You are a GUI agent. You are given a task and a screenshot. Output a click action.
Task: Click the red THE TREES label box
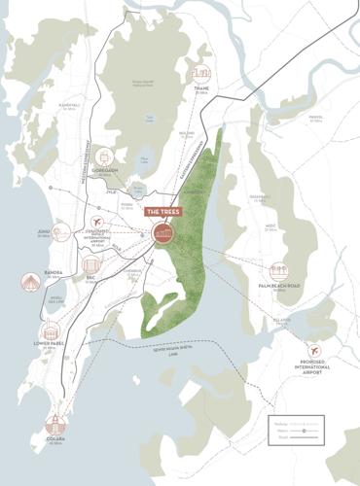[162, 210]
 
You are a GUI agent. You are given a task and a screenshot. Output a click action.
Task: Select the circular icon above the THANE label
[200, 75]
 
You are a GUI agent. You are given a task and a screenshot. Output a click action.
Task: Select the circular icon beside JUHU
[62, 233]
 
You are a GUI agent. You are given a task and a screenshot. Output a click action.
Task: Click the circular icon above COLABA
[55, 425]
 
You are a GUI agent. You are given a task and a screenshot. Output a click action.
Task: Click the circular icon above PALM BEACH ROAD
[280, 272]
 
